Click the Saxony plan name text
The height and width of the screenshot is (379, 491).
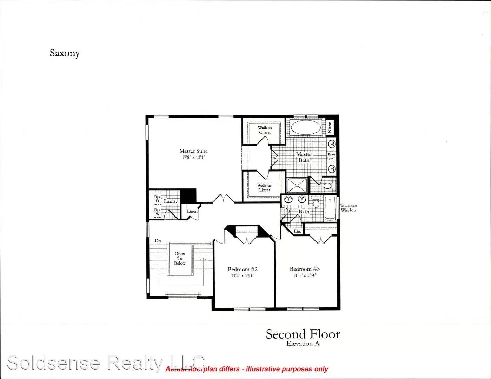click(x=65, y=53)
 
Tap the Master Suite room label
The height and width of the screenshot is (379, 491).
click(x=193, y=151)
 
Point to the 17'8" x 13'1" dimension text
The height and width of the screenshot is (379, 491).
click(x=193, y=158)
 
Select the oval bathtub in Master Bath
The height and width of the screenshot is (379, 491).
click(x=306, y=127)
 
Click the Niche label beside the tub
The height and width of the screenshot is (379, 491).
click(x=330, y=127)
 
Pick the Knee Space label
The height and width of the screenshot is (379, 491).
click(x=331, y=156)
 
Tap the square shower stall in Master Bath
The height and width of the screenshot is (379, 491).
click(x=297, y=185)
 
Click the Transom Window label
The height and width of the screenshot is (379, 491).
click(x=349, y=208)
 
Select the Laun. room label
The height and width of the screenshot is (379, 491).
click(x=170, y=201)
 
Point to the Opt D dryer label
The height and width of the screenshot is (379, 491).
click(x=157, y=199)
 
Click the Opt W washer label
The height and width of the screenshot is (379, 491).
click(x=157, y=212)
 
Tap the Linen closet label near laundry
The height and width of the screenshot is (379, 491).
click(x=192, y=211)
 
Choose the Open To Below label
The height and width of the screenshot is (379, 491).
click(x=180, y=259)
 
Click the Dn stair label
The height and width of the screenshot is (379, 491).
click(x=158, y=241)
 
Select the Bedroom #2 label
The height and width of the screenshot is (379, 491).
click(x=243, y=269)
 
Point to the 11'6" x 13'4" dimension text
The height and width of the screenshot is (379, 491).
click(x=305, y=275)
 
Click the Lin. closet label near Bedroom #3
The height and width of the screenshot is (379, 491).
click(x=298, y=231)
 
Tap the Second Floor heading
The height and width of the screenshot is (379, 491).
click(x=303, y=334)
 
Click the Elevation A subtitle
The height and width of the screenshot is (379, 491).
click(x=303, y=344)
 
